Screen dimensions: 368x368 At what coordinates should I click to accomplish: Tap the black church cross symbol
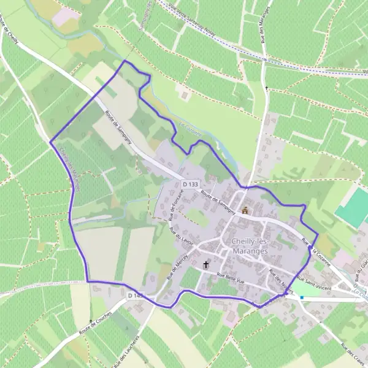pos(206,266)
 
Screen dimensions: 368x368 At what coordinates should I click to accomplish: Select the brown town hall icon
pos(245,210)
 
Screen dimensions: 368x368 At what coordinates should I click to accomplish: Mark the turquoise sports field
pos(352,209)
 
